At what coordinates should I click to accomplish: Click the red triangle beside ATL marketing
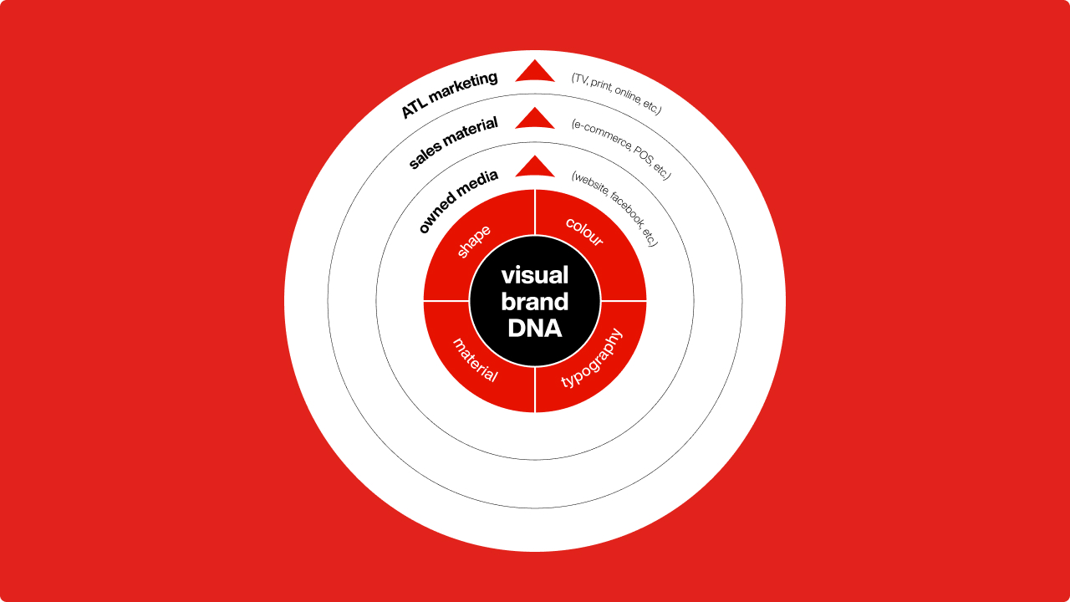click(x=535, y=71)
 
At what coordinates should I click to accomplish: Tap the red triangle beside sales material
click(x=535, y=118)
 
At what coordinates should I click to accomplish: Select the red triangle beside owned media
click(x=535, y=166)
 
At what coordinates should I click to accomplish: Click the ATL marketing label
click(x=449, y=94)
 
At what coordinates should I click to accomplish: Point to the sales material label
click(x=453, y=142)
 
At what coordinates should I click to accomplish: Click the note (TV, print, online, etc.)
click(x=617, y=94)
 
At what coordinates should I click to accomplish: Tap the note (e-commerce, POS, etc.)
click(x=621, y=149)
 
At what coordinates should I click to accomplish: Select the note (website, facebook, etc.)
click(x=615, y=208)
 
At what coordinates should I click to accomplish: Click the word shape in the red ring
click(x=473, y=242)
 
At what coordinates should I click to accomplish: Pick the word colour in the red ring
click(x=584, y=232)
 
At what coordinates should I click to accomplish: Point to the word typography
click(x=592, y=358)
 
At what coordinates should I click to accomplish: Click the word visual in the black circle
click(x=535, y=275)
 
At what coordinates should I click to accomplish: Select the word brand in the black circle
click(x=535, y=302)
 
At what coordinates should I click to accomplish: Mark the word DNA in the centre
click(x=535, y=329)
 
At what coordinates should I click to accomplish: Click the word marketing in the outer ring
click(x=463, y=87)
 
